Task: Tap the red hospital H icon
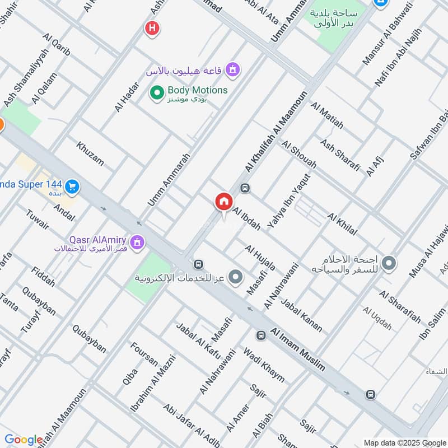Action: [151, 27]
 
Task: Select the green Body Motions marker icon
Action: [157, 91]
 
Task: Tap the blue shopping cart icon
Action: [71, 186]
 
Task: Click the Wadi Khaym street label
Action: [263, 365]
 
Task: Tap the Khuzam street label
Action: [90, 153]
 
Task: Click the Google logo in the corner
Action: [24, 440]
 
